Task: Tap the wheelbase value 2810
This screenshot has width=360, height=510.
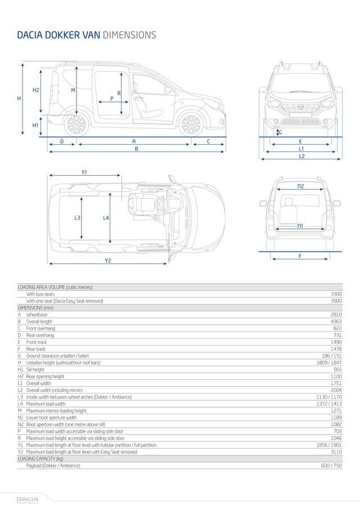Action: click(336, 315)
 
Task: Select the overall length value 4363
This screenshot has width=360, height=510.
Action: click(336, 321)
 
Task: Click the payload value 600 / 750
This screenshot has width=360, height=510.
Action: click(330, 466)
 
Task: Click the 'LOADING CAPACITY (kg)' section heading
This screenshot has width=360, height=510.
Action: click(40, 459)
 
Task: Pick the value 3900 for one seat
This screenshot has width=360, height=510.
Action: click(336, 301)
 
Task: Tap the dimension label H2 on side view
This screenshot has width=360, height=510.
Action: click(35, 90)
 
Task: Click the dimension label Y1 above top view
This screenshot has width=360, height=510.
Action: click(84, 172)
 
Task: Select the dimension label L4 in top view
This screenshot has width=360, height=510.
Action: click(106, 217)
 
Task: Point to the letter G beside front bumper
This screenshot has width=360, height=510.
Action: click(281, 132)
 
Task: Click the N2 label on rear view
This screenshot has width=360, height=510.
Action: click(300, 186)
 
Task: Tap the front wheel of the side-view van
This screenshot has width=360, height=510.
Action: click(191, 124)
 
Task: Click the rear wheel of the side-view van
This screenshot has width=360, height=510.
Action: click(76, 124)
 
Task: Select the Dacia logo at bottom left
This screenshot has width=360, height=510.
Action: click(27, 499)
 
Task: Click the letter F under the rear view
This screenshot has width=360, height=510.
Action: click(300, 256)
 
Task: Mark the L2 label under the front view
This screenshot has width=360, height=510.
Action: click(301, 156)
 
